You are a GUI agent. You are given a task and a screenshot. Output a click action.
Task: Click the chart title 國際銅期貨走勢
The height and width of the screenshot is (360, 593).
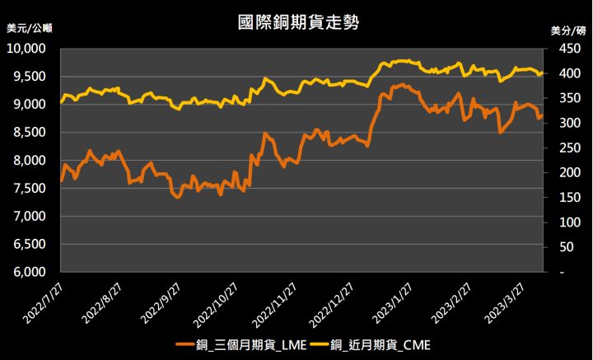pos(296,21)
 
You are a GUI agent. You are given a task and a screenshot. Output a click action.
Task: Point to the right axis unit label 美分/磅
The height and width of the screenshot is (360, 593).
pos(567,30)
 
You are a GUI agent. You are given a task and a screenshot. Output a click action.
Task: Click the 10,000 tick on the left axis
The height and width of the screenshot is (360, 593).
pos(30,49)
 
